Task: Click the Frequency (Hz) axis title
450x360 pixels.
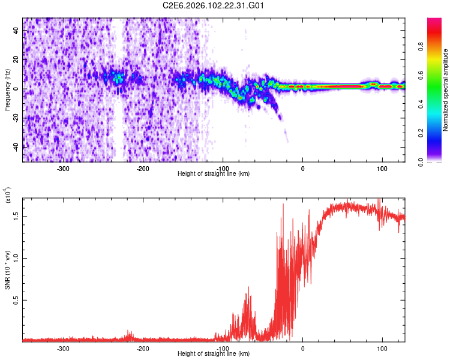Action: pos(8,90)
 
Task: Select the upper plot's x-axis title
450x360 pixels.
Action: pos(214,173)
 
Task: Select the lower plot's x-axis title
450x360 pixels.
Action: pos(214,353)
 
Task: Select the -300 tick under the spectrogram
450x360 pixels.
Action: pos(64,168)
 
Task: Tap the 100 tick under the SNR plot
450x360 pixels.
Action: pos(382,348)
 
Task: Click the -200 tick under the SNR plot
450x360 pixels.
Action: pos(143,348)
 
